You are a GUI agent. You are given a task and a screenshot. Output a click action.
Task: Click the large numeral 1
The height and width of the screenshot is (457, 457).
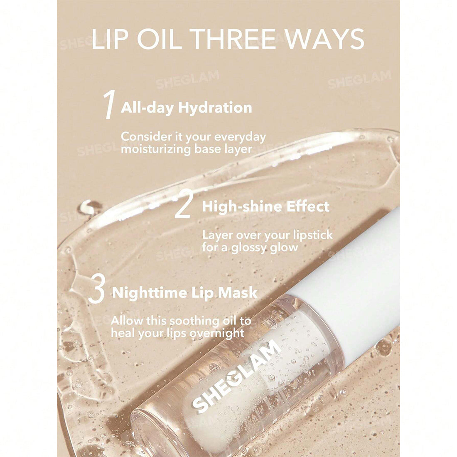[x=109, y=106]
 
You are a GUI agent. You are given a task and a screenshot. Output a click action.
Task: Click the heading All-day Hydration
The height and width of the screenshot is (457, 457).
[x=186, y=108]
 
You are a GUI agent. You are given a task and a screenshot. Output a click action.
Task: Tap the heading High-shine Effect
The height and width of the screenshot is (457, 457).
[x=265, y=206]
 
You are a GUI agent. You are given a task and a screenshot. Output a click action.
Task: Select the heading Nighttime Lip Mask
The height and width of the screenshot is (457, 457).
[x=185, y=292]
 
